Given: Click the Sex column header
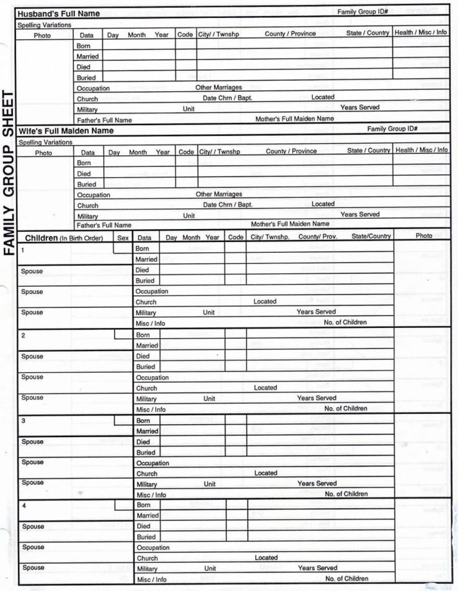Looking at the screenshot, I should tap(123, 237).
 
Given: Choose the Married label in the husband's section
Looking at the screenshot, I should tap(87, 56).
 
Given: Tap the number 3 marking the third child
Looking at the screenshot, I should tap(23, 421).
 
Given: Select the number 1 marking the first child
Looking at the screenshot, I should tap(23, 250).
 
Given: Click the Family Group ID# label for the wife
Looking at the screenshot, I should tap(392, 129).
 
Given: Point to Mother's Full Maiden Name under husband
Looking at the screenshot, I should tap(295, 119).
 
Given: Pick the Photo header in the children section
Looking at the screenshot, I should tap(424, 236).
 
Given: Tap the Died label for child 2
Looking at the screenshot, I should tap(143, 356).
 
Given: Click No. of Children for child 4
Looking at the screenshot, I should tap(346, 578).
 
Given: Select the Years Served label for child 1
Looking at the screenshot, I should tap(316, 311).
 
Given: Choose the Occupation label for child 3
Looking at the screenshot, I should tap(152, 463).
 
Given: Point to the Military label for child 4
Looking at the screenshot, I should tap(147, 569).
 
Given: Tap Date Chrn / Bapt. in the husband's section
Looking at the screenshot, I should tap(227, 98).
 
